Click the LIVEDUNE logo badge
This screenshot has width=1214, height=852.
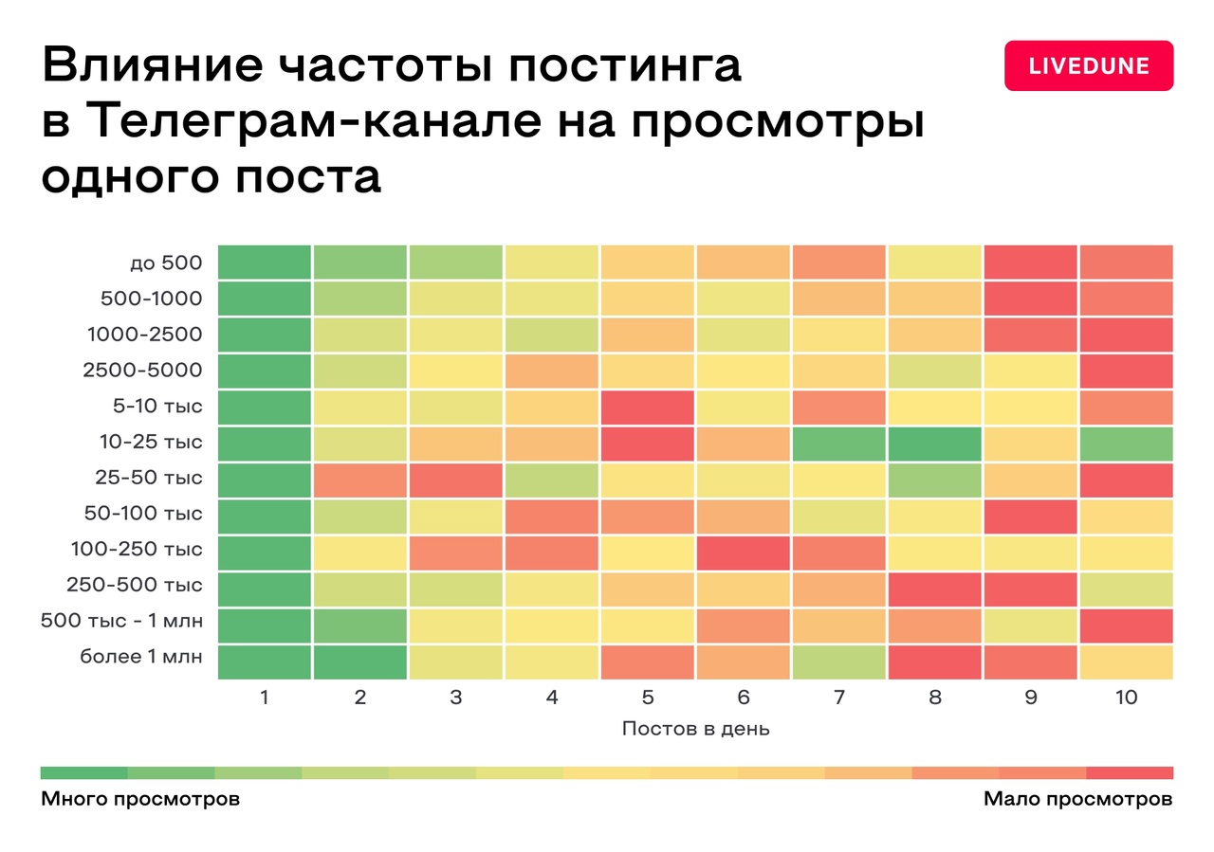[1089, 66]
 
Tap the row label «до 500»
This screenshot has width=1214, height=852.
[166, 263]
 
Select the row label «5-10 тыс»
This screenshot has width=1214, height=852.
[156, 407]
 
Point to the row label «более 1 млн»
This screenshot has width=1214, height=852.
[140, 656]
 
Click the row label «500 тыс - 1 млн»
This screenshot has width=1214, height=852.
[121, 621]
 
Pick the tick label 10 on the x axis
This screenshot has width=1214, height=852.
[1126, 698]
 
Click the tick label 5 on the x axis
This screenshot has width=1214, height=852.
[648, 698]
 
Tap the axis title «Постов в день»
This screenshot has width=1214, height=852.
[695, 729]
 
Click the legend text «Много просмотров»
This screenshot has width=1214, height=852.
[140, 799]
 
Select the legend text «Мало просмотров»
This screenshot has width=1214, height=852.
[1077, 799]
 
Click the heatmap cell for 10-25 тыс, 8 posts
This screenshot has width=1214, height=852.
[935, 444]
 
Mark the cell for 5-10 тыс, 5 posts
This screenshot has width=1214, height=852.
[648, 408]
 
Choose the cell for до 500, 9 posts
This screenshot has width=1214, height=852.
[1031, 263]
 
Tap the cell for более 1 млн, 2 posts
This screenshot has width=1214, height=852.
[360, 662]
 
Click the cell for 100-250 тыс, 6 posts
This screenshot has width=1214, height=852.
[744, 553]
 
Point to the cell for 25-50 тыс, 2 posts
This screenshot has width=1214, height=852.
[360, 480]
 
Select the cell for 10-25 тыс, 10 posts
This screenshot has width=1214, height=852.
[1126, 444]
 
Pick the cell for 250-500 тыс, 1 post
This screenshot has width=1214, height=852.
[265, 589]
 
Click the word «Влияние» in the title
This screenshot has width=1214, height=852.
[152, 66]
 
